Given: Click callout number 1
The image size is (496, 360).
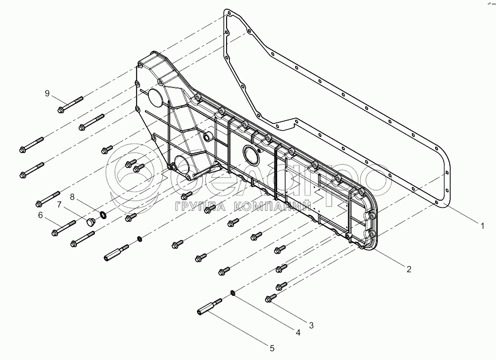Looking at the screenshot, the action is point(482,225).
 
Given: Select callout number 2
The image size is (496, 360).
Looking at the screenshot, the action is point(409,268).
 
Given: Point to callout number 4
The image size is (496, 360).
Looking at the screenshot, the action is point(298,333).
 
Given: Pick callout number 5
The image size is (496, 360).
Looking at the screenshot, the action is point(272,348).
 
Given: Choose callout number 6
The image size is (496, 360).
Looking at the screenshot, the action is point(40,215).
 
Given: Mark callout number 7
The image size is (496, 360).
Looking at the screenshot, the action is point(59,205).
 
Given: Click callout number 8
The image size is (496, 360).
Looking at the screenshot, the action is point(72,197).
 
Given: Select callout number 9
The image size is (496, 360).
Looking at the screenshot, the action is point(47,93).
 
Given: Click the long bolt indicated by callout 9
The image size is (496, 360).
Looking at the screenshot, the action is point(70,104).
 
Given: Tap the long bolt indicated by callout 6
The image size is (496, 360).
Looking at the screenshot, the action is point(63,227).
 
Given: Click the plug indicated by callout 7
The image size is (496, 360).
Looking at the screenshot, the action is point(89,223).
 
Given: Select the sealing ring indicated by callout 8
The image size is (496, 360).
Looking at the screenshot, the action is point(103,214).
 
